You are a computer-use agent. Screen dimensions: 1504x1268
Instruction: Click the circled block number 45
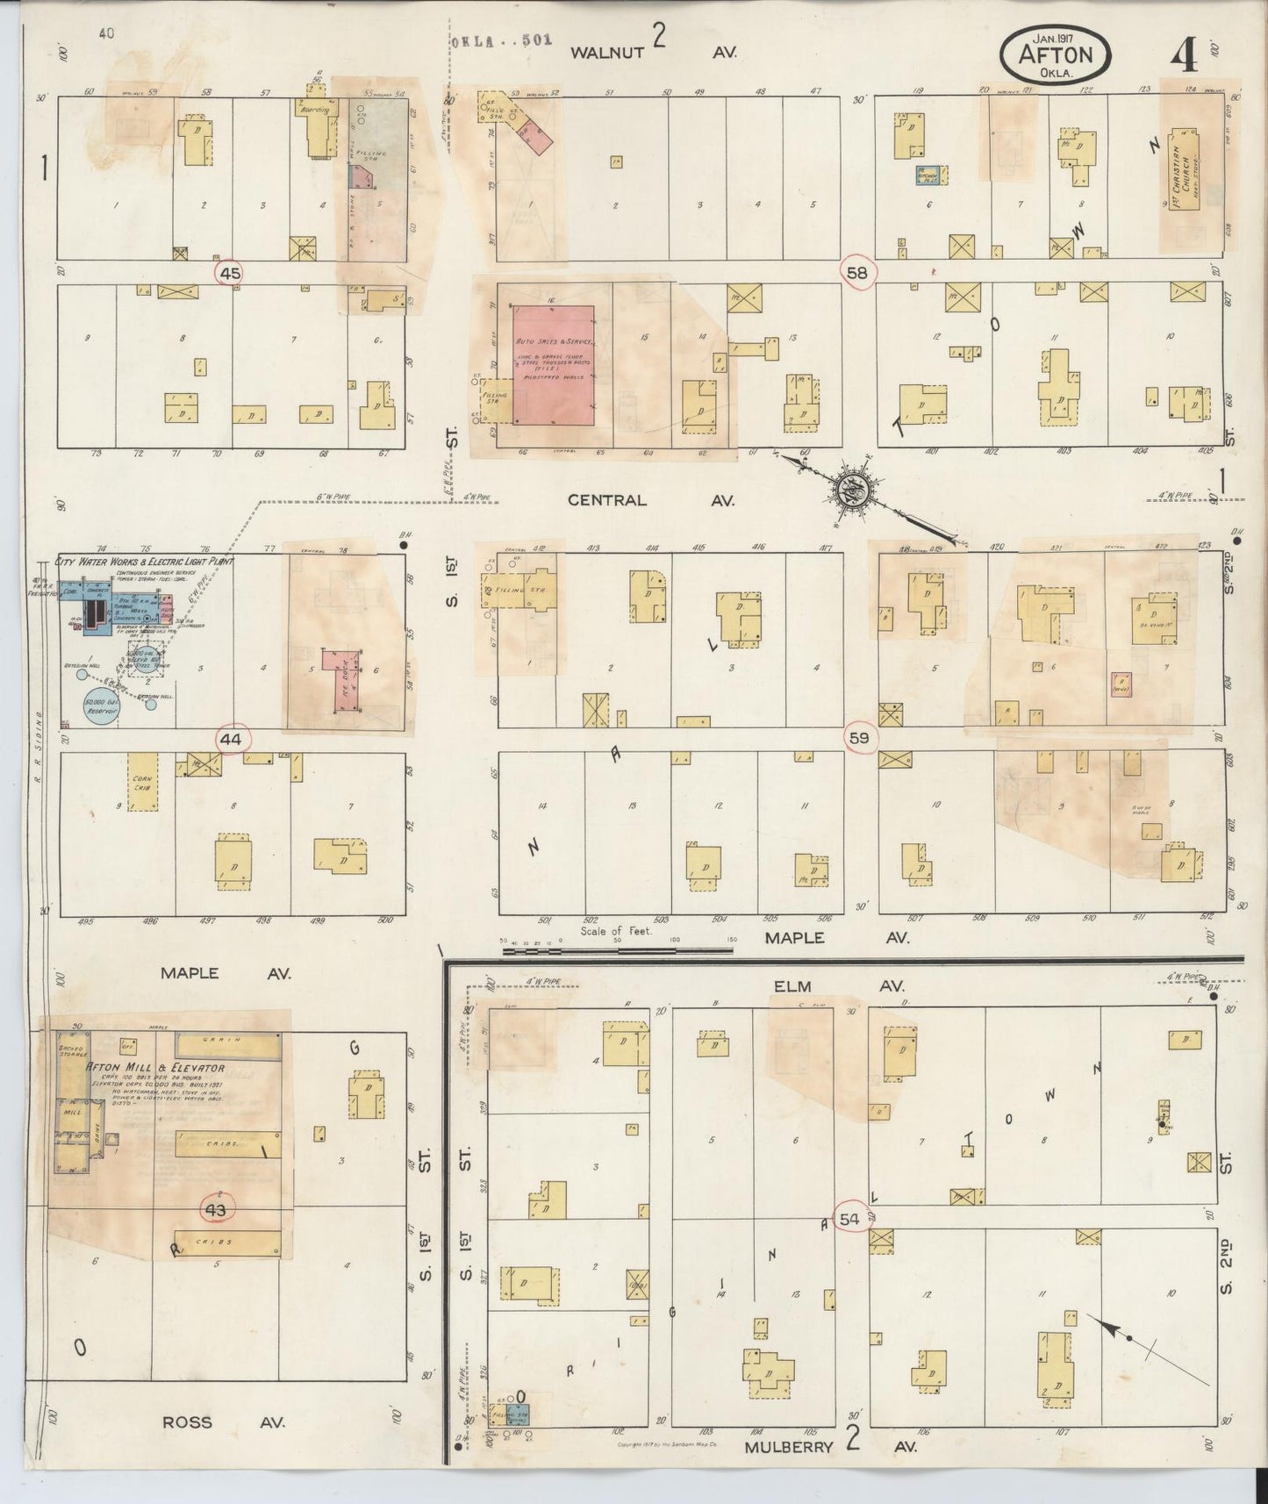pyautogui.click(x=230, y=274)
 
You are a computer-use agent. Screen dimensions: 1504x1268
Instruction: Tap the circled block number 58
pyautogui.click(x=856, y=273)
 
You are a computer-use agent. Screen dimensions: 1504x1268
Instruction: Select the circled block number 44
pyautogui.click(x=230, y=740)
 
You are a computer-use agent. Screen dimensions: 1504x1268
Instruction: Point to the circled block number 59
pyautogui.click(x=858, y=738)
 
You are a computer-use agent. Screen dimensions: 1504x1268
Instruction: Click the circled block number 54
pyautogui.click(x=849, y=1220)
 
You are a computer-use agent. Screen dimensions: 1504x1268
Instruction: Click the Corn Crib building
pyautogui.click(x=143, y=780)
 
